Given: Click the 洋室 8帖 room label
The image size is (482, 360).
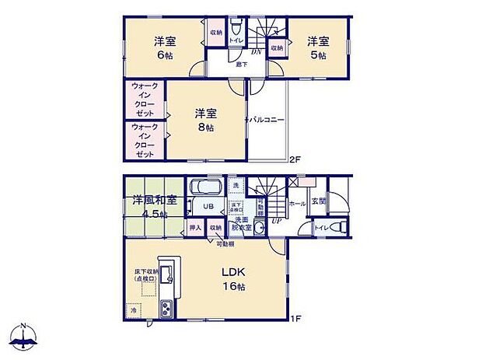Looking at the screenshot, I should tap(204, 121).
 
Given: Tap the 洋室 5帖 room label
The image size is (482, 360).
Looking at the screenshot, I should tap(316, 47).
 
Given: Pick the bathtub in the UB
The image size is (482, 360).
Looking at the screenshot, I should tap(205, 187).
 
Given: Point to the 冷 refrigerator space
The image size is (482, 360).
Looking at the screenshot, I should tap(133, 309).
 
